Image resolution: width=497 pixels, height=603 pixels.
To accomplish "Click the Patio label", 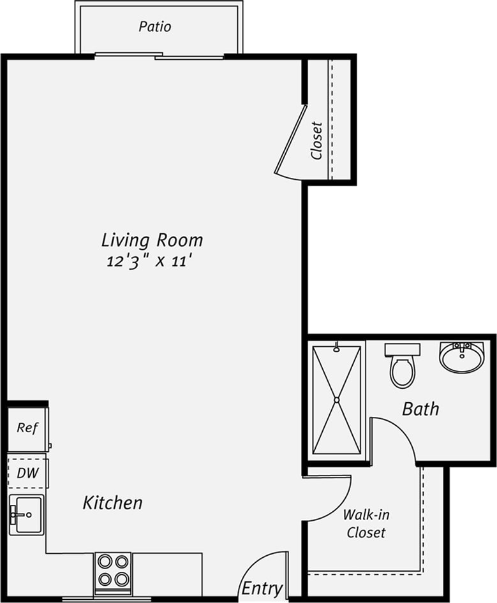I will coord(155,27).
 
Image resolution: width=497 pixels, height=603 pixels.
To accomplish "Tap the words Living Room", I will coord(152,240).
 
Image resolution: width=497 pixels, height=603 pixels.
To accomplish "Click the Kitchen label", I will coord(112,503).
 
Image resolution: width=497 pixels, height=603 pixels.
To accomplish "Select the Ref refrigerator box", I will coord(27,428).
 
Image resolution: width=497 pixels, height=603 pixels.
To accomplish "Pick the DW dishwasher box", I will coord(27,473).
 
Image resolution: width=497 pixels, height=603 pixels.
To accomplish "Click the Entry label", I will coord(262,588).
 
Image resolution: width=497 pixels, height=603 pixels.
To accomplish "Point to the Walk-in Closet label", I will coord(366,523).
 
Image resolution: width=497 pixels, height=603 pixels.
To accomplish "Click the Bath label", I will coord(420,409).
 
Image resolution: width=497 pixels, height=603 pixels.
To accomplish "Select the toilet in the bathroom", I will coord(403,368).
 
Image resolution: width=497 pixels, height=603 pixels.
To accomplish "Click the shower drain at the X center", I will coord(336,400).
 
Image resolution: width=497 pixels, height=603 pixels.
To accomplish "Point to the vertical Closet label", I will coord(316,140).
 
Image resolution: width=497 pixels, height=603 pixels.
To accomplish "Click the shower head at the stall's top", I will coord(336,348).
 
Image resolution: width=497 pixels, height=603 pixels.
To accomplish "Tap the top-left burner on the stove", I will coord(104,562).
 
